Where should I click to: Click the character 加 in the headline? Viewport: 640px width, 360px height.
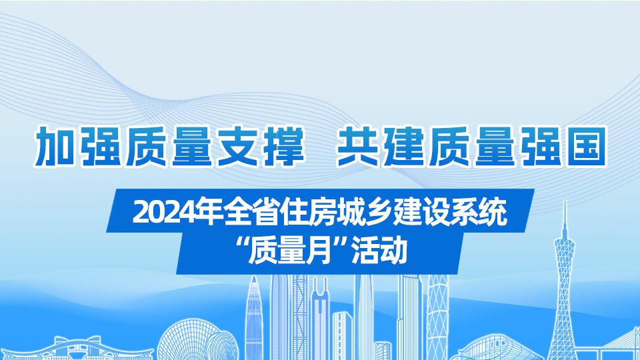(x=55, y=146)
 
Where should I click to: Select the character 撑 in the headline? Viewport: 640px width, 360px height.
(x=283, y=146)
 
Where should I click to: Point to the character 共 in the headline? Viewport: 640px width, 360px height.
(x=357, y=146)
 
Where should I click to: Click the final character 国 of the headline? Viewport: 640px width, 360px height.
(x=587, y=146)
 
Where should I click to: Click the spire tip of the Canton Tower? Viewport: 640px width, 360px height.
(x=565, y=202)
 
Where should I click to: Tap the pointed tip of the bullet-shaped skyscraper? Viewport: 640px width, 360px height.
(x=254, y=277)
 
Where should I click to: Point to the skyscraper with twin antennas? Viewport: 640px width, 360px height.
(x=319, y=319)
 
